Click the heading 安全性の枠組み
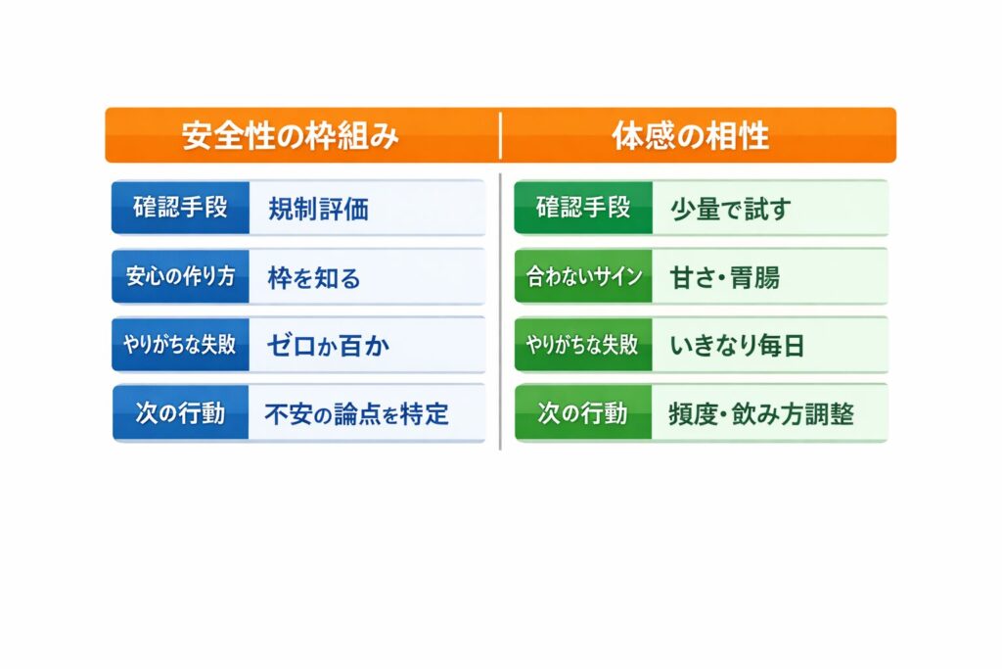pyautogui.click(x=290, y=135)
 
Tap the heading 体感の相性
pyautogui.click(x=690, y=135)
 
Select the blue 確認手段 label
pyautogui.click(x=180, y=208)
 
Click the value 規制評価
pyautogui.click(x=318, y=210)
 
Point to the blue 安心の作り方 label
pyautogui.click(x=180, y=276)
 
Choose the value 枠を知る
pyautogui.click(x=314, y=278)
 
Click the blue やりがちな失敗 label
pyautogui.click(x=180, y=345)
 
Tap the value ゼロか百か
pyautogui.click(x=328, y=346)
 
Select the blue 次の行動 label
pyautogui.click(x=180, y=413)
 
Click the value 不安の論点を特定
pyautogui.click(x=356, y=414)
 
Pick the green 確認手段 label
pyautogui.click(x=583, y=208)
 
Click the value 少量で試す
pyautogui.click(x=730, y=210)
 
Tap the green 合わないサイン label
pyautogui.click(x=583, y=276)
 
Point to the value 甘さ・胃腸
pyautogui.click(x=725, y=278)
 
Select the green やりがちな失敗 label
pyautogui.click(x=583, y=345)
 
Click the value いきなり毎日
pyautogui.click(x=737, y=346)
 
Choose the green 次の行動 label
pyautogui.click(x=583, y=413)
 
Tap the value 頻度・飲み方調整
pyautogui.click(x=761, y=414)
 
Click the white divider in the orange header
pyautogui.click(x=500, y=135)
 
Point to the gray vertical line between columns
pyautogui.click(x=500, y=311)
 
